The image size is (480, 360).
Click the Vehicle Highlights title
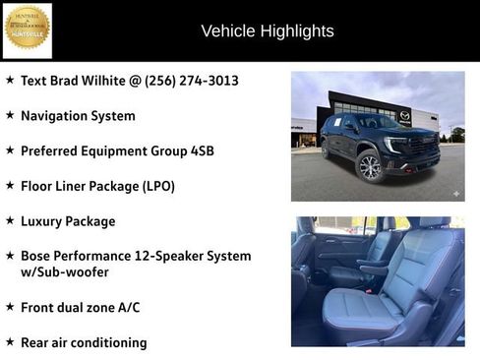(268, 31)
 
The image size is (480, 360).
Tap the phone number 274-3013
(209, 80)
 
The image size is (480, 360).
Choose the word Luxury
(42, 221)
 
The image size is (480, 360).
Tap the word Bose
(36, 256)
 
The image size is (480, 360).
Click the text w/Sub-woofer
(65, 271)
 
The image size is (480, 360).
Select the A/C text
(128, 307)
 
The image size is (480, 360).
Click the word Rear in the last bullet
(36, 342)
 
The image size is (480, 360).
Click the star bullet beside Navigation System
(10, 115)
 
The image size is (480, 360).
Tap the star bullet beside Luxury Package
(10, 221)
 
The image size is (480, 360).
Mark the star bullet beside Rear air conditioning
(10, 342)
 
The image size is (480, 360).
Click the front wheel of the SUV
(370, 167)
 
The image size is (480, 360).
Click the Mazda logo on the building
(404, 116)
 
